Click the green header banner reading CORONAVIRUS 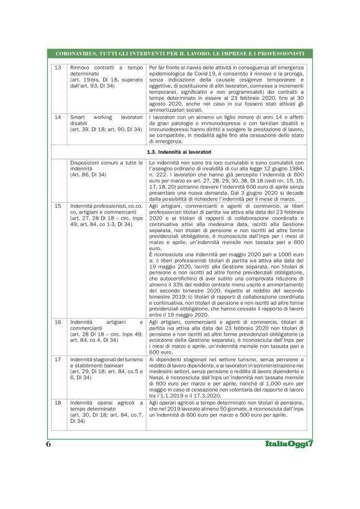pyautogui.click(x=180, y=53)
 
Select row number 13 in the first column pyautogui.click(x=57, y=66)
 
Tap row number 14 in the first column pyautogui.click(x=57, y=116)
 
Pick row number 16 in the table pyautogui.click(x=57, y=322)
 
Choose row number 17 pyautogui.click(x=57, y=359)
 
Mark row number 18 pyautogui.click(x=57, y=403)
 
